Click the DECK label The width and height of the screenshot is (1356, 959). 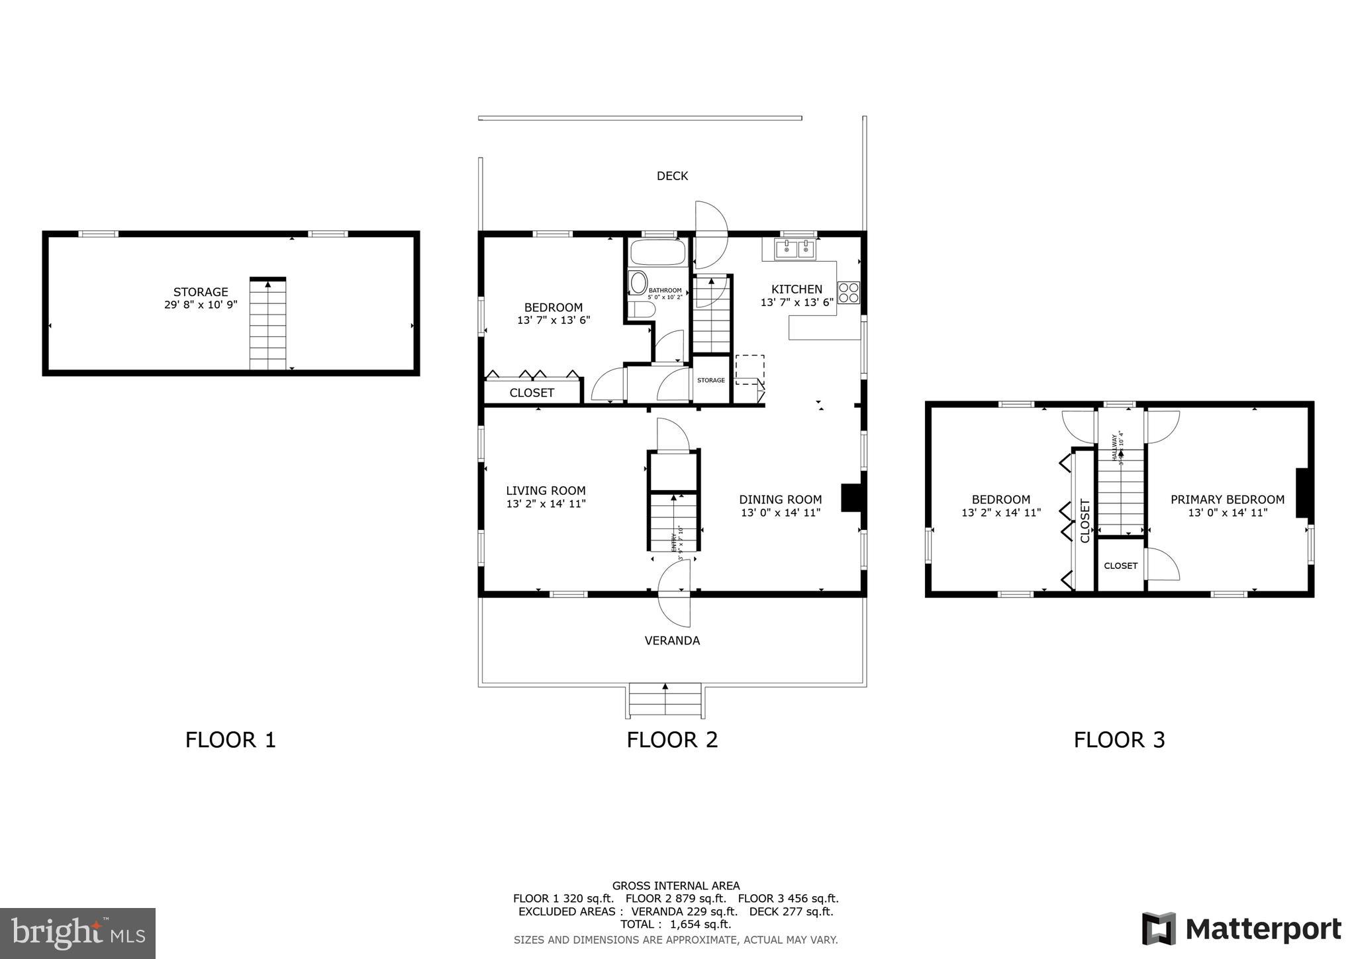click(672, 176)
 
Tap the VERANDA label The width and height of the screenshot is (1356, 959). click(672, 640)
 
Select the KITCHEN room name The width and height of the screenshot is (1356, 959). click(797, 289)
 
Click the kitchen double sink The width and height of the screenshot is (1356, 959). click(795, 250)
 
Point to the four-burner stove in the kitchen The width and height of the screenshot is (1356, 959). click(849, 293)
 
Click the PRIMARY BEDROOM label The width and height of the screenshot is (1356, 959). click(1227, 500)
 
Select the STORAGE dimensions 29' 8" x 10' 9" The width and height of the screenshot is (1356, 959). click(201, 305)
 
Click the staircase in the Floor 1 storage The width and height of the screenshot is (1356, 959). click(267, 325)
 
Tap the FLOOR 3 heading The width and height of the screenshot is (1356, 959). click(1119, 740)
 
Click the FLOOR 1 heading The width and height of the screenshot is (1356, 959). click(230, 740)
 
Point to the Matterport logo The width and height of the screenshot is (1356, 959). click(1241, 929)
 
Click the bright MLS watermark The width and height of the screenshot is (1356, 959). click(77, 933)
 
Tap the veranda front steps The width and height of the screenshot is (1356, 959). click(665, 701)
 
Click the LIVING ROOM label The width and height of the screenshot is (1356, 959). click(546, 491)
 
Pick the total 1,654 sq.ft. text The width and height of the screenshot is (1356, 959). click(675, 924)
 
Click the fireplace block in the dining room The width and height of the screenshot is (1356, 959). click(849, 497)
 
